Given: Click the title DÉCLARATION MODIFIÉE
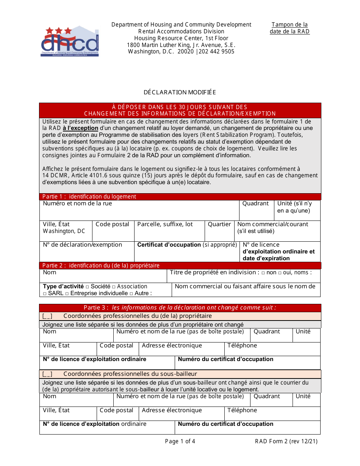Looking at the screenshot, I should coord(180,92).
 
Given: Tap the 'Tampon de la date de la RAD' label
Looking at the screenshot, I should coord(290,28).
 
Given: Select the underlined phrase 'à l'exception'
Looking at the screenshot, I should coord(80,128).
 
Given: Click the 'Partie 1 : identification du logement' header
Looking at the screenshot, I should coord(89,197).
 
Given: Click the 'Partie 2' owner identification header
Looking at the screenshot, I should coord(101,266).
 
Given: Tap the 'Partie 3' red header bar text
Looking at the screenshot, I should coord(180,308).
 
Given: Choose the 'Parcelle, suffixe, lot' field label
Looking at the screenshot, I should coord(165,224).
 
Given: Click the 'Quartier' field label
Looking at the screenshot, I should coord(219,224).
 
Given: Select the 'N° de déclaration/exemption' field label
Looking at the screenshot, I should coord(82,245).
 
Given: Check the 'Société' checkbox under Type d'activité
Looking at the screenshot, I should coord(88,287).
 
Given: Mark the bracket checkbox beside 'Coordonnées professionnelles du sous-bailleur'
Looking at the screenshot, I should coord(47,374).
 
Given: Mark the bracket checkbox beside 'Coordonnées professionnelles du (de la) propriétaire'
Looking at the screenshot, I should coord(47,316).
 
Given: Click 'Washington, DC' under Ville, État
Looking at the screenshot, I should coord(64,231).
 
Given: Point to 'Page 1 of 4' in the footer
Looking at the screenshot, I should coord(180,441).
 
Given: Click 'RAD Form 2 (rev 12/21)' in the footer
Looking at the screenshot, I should coord(286,441).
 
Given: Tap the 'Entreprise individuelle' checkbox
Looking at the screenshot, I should coord(67,294).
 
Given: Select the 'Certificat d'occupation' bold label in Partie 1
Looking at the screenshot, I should coord(169,245).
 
